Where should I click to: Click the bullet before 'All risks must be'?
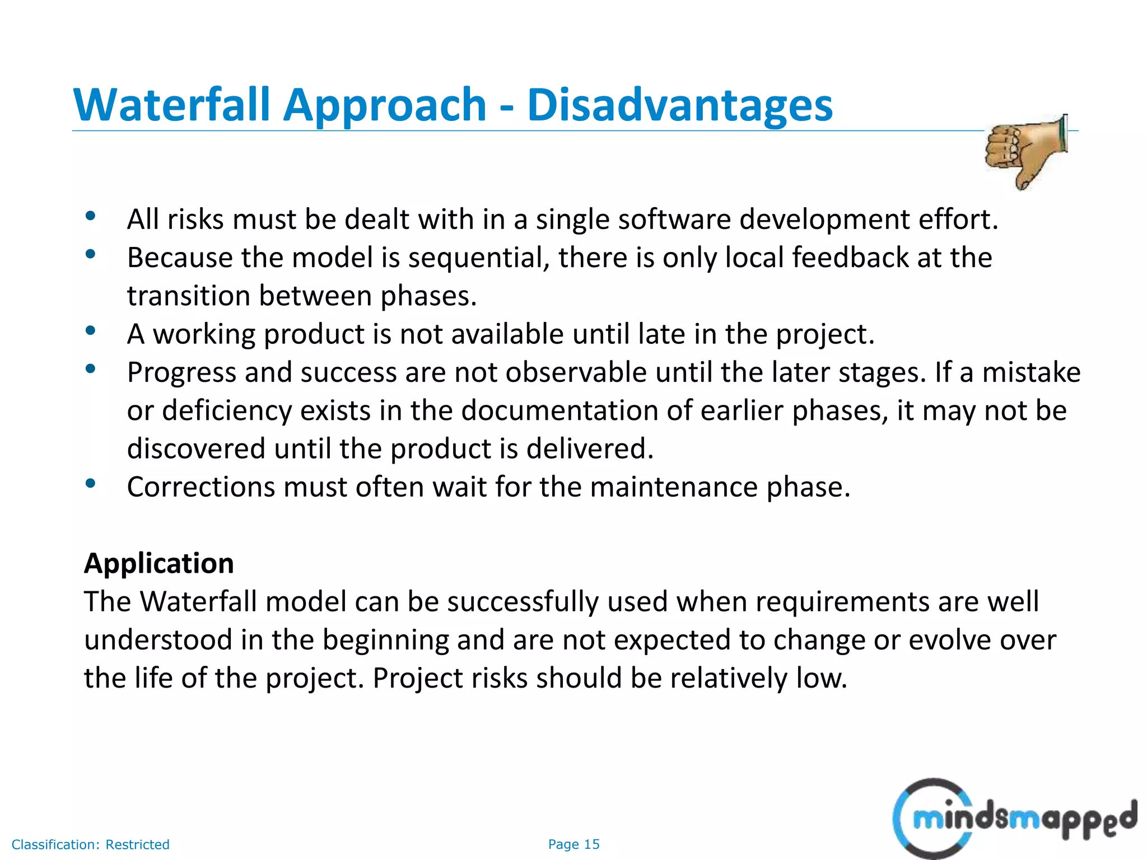90,216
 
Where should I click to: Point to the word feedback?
850,258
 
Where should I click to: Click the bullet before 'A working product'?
90,331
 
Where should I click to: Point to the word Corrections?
201,487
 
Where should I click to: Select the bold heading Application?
159,563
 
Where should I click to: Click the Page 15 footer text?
573,844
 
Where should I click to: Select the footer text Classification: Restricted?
90,844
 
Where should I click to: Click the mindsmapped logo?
1014,819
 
